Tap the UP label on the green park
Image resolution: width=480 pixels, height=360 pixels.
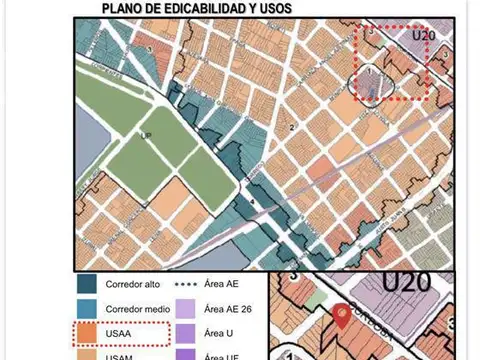point(147,135)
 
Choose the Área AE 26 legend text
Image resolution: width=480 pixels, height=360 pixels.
point(229,309)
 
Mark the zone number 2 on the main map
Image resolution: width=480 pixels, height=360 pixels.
point(291,128)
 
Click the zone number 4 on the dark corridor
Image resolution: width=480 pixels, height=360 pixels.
point(253,203)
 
